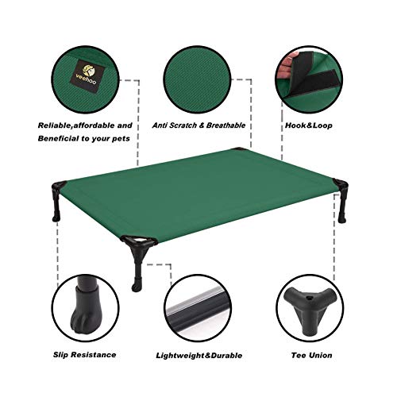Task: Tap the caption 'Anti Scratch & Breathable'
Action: [x=199, y=125]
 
